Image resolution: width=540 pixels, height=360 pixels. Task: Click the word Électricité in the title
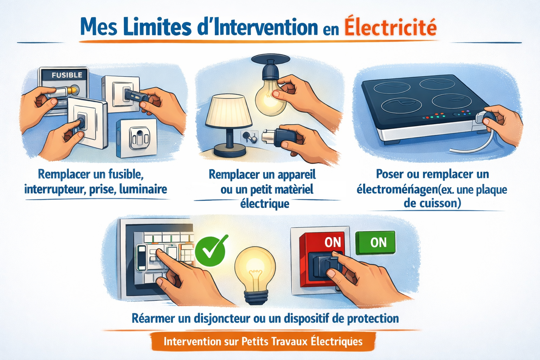point(390,27)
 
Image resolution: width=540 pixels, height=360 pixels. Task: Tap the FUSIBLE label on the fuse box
point(67,75)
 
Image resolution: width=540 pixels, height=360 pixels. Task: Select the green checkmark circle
point(210,251)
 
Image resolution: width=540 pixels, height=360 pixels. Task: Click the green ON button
point(375,242)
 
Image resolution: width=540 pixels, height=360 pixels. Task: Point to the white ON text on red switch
point(333,242)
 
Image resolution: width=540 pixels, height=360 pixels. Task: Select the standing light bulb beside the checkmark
point(255,271)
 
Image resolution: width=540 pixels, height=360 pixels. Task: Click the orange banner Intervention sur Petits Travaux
point(263,341)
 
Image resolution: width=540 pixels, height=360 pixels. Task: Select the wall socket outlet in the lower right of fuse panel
point(137,138)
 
